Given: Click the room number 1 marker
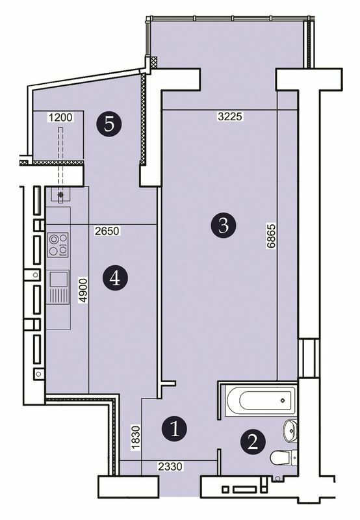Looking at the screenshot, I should (175, 428).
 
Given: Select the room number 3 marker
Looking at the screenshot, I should (222, 226).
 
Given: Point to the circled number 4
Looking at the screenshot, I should (115, 278).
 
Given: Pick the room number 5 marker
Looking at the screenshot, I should (109, 123).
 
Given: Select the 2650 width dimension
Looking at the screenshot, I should (107, 230).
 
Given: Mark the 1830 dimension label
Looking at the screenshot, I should (135, 435).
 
